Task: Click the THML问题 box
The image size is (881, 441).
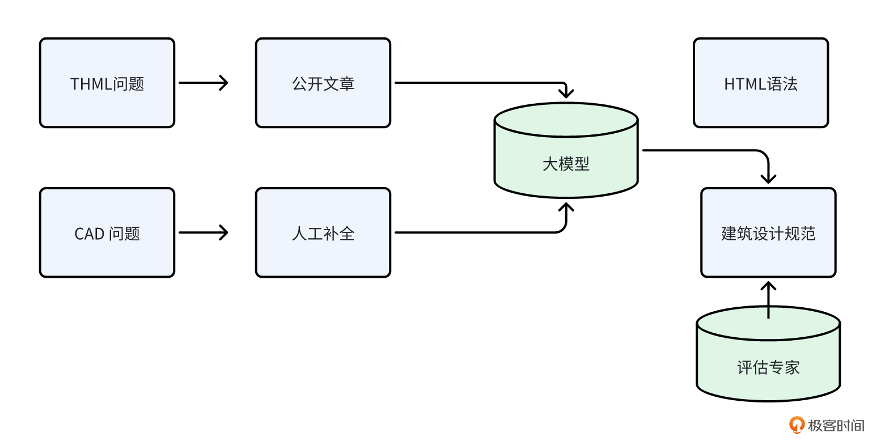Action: (x=107, y=83)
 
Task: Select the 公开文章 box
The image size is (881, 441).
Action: (x=323, y=83)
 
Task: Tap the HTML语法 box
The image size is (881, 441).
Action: (x=761, y=83)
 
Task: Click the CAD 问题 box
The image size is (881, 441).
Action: (x=107, y=232)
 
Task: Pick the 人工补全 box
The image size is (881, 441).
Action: (x=323, y=232)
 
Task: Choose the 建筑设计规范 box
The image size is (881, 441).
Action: (x=768, y=232)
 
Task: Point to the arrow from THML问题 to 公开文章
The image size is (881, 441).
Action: (x=203, y=83)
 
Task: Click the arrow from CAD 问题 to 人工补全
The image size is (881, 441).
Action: (x=203, y=232)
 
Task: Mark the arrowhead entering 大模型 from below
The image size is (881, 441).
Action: (x=566, y=206)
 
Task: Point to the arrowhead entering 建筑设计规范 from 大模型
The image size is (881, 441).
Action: (x=768, y=178)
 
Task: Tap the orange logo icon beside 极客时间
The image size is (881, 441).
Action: (x=797, y=425)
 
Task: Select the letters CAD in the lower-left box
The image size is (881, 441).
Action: (x=89, y=234)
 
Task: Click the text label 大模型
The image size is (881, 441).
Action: (x=566, y=164)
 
